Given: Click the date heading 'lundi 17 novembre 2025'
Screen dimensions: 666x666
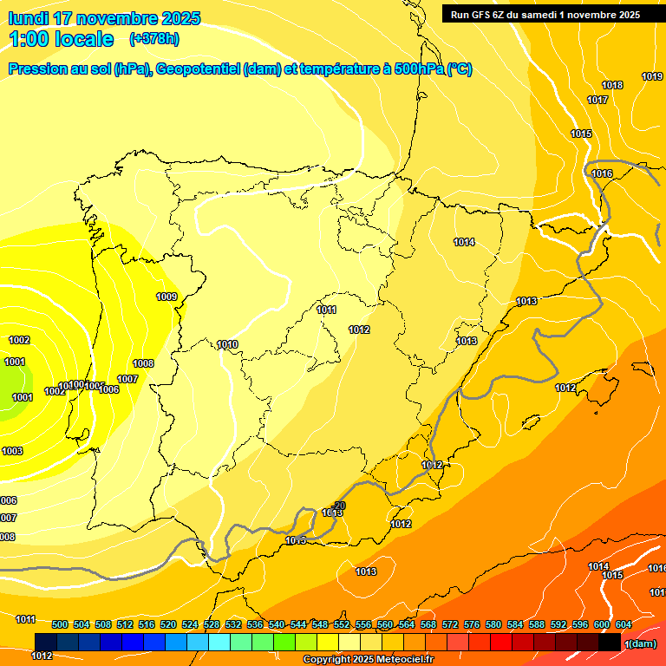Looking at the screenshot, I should [x=104, y=18].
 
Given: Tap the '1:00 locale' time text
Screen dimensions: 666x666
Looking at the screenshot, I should [x=62, y=39].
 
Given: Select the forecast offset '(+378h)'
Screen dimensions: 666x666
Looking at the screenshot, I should [x=153, y=39].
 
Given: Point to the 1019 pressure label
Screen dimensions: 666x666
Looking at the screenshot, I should [x=652, y=76].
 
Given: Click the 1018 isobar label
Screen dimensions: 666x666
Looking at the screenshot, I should [x=612, y=85].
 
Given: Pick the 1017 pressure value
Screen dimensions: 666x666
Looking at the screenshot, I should [x=597, y=100].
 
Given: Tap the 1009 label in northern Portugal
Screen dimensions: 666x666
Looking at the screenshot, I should [x=166, y=297].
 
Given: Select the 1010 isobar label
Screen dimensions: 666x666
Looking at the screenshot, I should [x=227, y=344].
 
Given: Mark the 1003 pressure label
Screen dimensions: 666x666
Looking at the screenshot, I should [x=12, y=451].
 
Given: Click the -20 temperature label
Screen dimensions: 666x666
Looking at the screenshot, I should [x=339, y=505].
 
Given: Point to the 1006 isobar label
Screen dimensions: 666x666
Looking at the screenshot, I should [x=108, y=389].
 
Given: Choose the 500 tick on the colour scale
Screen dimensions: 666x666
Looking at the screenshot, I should [x=60, y=624].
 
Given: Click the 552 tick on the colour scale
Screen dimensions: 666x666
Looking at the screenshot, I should [x=342, y=624].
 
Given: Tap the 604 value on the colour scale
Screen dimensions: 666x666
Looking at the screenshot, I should [x=624, y=624].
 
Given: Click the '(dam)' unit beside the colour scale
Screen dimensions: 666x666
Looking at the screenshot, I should [x=641, y=643].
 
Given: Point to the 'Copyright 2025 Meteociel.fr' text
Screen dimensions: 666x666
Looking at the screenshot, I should [x=368, y=659].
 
